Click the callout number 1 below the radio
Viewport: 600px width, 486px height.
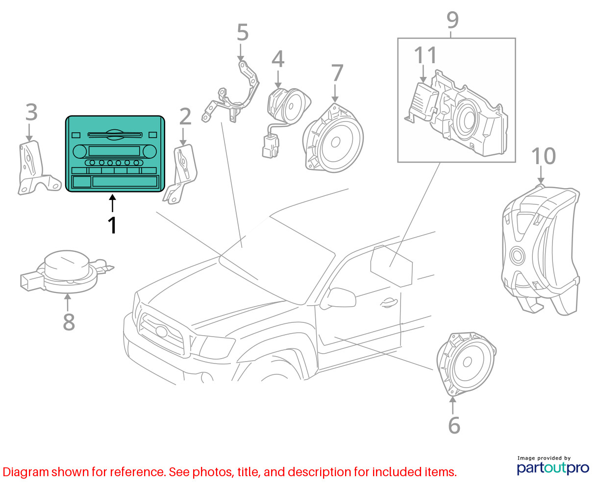[x=112, y=225]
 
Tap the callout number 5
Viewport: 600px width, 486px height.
[x=243, y=32]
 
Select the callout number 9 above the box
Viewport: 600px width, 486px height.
[x=452, y=20]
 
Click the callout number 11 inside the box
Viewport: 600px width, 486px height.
[x=425, y=55]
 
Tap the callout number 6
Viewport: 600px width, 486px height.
[x=454, y=425]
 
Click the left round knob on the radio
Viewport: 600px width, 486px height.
[x=80, y=151]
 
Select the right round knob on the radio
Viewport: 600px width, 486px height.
[x=150, y=151]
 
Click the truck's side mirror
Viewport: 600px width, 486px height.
[x=339, y=298]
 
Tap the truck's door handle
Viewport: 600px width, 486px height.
[x=389, y=302]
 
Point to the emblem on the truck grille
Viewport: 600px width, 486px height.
[x=161, y=331]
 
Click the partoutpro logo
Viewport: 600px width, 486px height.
[x=552, y=468]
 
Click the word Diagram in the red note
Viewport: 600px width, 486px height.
[x=25, y=472]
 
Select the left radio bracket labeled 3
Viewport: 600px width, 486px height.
[x=39, y=168]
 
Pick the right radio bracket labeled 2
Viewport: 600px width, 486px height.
[x=180, y=174]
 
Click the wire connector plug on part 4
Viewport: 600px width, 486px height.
[x=271, y=146]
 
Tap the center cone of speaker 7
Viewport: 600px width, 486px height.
[x=335, y=142]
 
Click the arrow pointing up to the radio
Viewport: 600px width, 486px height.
[x=112, y=203]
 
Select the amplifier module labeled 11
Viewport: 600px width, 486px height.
[x=422, y=102]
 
